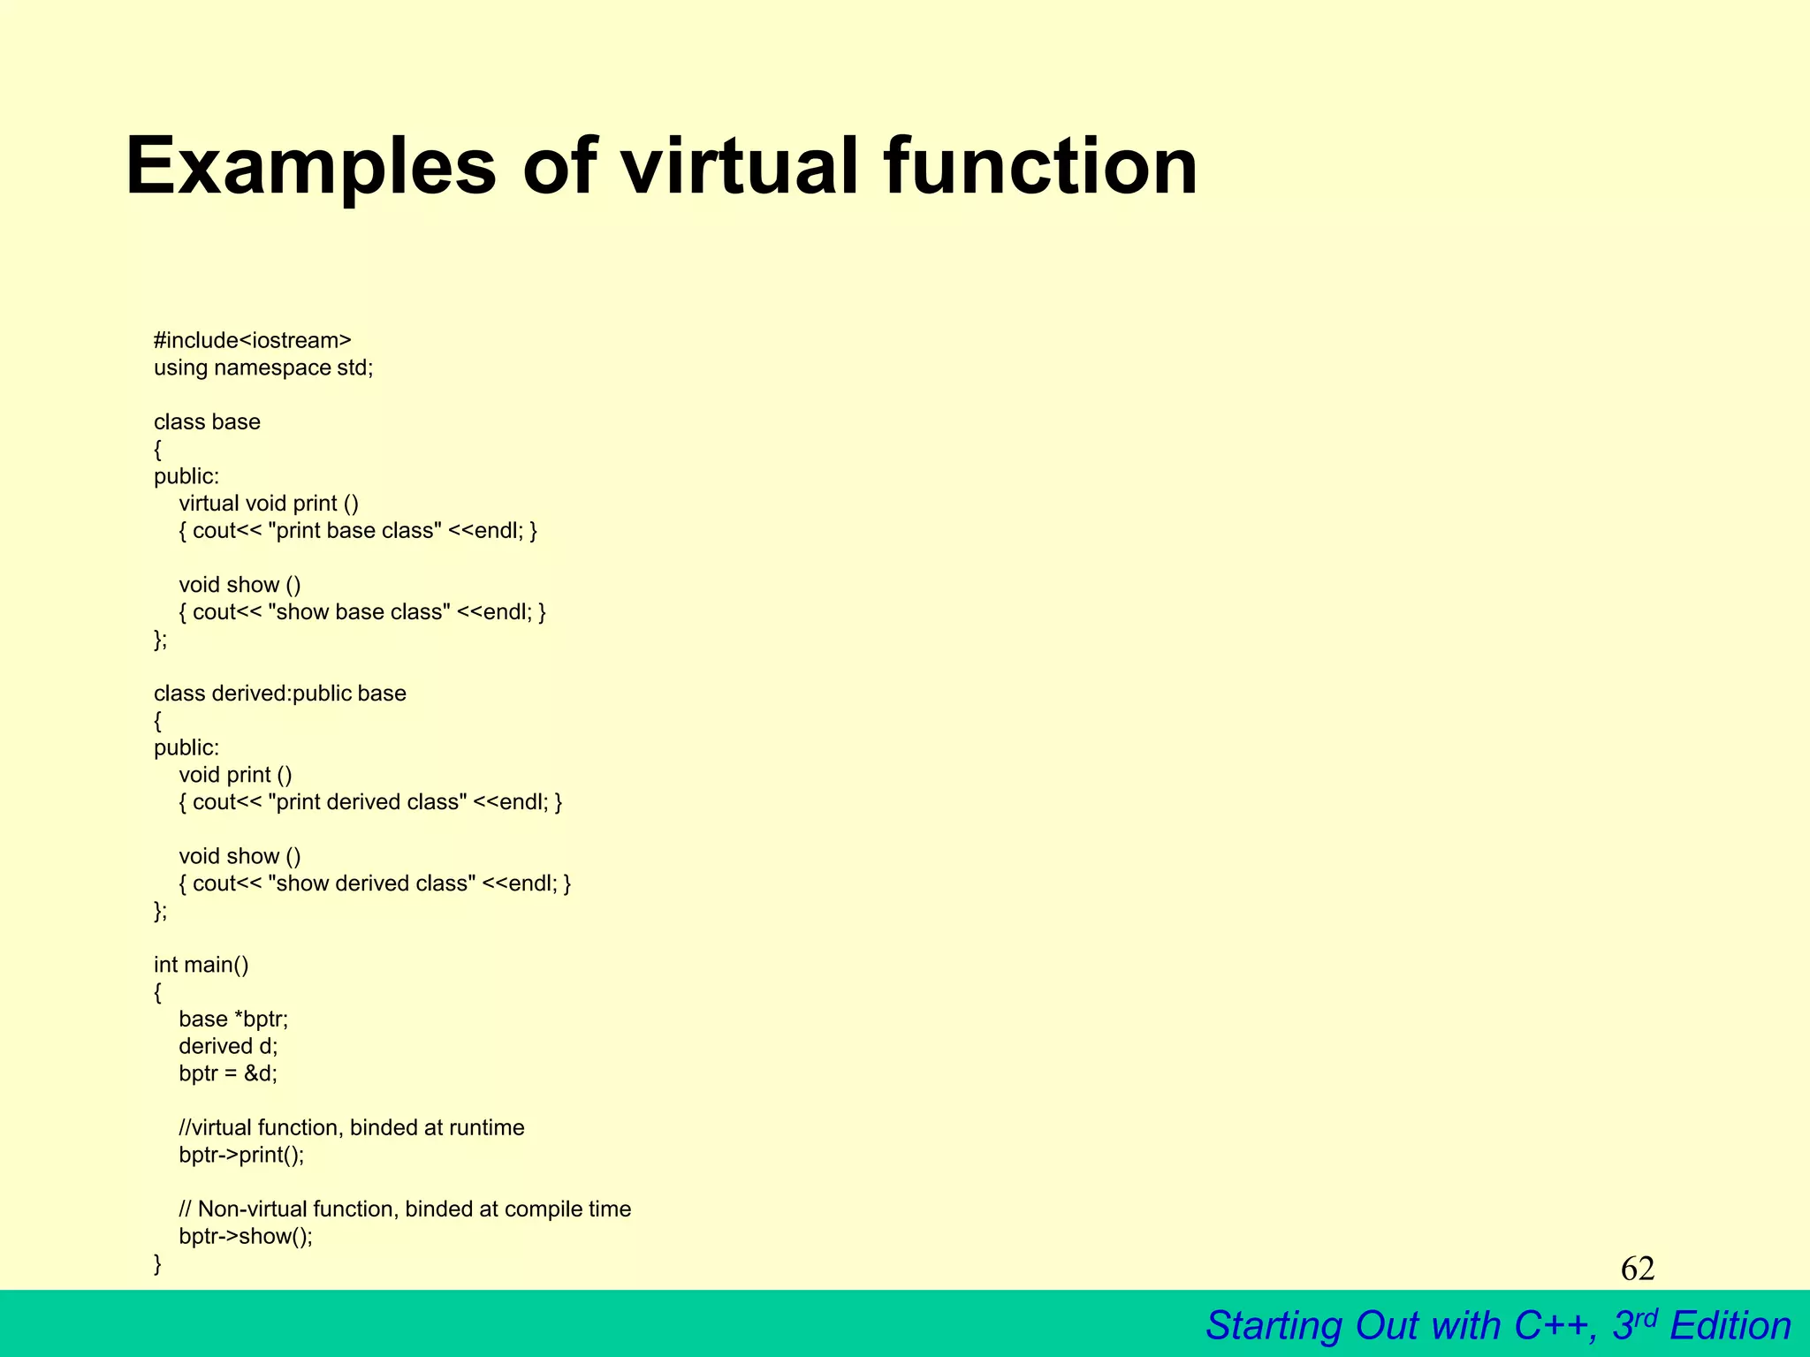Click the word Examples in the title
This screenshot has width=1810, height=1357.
click(x=311, y=168)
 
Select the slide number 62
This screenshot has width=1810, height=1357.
click(x=1637, y=1269)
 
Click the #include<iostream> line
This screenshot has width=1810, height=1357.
click(x=252, y=340)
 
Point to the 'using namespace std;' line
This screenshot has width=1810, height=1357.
click(x=263, y=368)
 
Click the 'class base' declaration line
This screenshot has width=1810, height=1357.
click(x=207, y=421)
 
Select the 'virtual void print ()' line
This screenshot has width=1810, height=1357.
click(x=269, y=503)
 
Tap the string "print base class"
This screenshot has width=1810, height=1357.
click(x=354, y=530)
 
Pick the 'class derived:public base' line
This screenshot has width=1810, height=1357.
click(x=279, y=693)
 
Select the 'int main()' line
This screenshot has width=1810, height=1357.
click(x=202, y=964)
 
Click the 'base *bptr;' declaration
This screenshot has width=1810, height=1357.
click(x=233, y=1019)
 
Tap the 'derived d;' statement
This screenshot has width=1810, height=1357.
click(x=228, y=1046)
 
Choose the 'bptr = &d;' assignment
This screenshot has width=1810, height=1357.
click(x=228, y=1073)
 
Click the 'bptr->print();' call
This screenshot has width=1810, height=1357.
click(x=241, y=1155)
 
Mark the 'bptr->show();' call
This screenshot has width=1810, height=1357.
click(x=246, y=1236)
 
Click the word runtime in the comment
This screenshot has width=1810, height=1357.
click(x=486, y=1127)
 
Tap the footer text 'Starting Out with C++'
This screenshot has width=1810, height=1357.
click(x=1400, y=1326)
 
